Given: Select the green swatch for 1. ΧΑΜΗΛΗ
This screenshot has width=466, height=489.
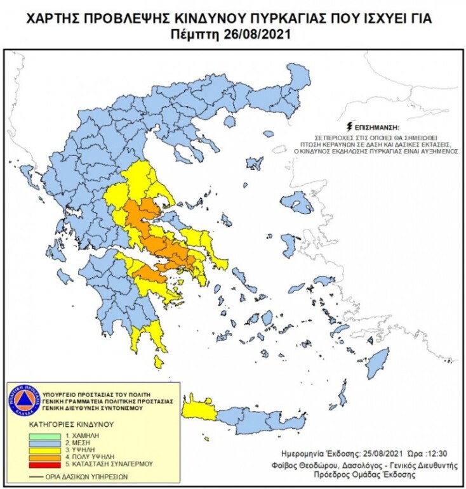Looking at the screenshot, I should pos(46,437).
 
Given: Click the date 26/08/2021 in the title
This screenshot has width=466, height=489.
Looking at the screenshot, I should pos(257,35).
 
